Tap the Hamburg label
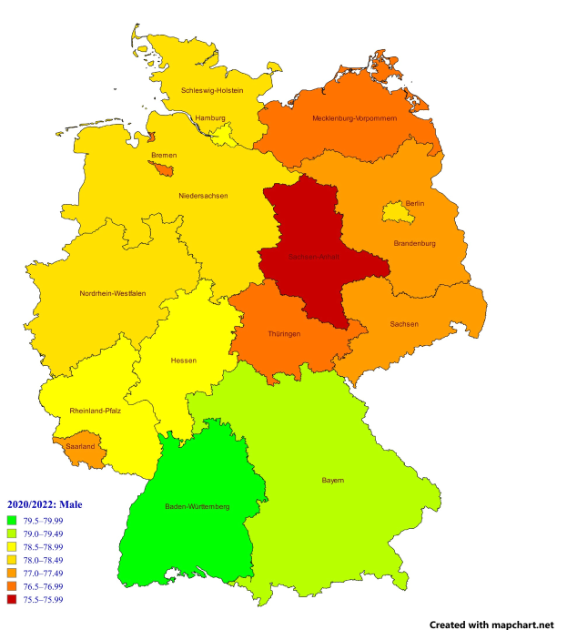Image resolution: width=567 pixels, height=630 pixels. (210, 117)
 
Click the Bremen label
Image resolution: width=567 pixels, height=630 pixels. (164, 156)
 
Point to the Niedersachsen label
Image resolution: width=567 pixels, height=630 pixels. (203, 196)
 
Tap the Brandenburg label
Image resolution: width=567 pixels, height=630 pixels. (414, 243)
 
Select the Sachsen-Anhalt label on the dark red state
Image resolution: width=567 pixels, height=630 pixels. (314, 258)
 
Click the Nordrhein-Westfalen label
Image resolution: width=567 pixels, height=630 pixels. (113, 293)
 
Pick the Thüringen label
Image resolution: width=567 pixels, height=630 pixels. (284, 334)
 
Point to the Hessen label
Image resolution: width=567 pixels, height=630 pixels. (183, 361)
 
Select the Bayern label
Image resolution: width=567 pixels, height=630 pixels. (333, 480)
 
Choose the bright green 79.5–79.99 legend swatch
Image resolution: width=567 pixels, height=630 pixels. (13, 520)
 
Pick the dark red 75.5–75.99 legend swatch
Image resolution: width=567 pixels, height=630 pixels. (13, 599)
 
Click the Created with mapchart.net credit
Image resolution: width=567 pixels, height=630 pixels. (491, 625)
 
